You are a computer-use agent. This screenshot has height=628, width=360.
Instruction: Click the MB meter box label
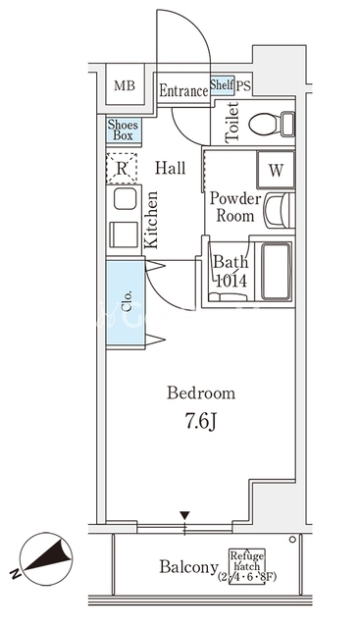click(125, 85)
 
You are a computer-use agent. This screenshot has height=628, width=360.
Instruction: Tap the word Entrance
click(183, 91)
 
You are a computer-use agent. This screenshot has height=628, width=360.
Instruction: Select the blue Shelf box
click(223, 85)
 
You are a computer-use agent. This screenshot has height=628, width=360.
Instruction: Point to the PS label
click(243, 85)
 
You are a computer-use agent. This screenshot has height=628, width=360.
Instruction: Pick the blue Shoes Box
click(124, 131)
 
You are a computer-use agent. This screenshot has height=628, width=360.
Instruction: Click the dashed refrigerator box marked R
click(122, 168)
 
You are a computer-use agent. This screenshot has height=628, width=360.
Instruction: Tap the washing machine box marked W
click(276, 170)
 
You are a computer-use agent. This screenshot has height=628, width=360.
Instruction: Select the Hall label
click(171, 168)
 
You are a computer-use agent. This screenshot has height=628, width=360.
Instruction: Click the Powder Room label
click(235, 207)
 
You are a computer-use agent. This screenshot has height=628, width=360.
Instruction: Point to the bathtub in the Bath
click(276, 271)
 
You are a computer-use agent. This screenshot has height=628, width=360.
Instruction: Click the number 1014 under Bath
click(231, 281)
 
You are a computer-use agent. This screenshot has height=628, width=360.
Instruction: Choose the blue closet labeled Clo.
click(126, 304)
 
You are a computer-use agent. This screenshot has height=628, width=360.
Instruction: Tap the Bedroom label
click(201, 393)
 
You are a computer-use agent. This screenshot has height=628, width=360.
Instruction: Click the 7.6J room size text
click(201, 421)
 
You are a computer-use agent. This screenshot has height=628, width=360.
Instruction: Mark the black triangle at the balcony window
click(184, 514)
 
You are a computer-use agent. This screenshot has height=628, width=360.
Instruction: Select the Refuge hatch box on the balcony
click(246, 566)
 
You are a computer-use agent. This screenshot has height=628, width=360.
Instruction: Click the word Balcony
click(189, 567)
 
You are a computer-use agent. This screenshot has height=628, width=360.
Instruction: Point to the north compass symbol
click(46, 557)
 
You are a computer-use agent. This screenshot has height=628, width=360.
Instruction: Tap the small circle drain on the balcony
click(292, 540)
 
